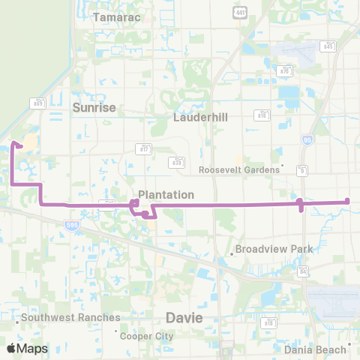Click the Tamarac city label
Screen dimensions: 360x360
(x=112, y=17)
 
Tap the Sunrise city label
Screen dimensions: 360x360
(x=94, y=108)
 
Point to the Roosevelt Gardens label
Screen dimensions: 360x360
(x=238, y=169)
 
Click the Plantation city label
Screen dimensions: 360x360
(x=166, y=194)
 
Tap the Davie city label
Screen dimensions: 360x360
(x=184, y=318)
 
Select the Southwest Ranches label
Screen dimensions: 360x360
(x=70, y=317)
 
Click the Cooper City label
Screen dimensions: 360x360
(x=147, y=335)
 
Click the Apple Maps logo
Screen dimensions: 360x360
(x=27, y=348)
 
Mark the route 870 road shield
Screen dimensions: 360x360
(x=284, y=70)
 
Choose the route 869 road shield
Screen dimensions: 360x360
(x=38, y=103)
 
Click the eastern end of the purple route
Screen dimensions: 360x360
(x=348, y=200)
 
